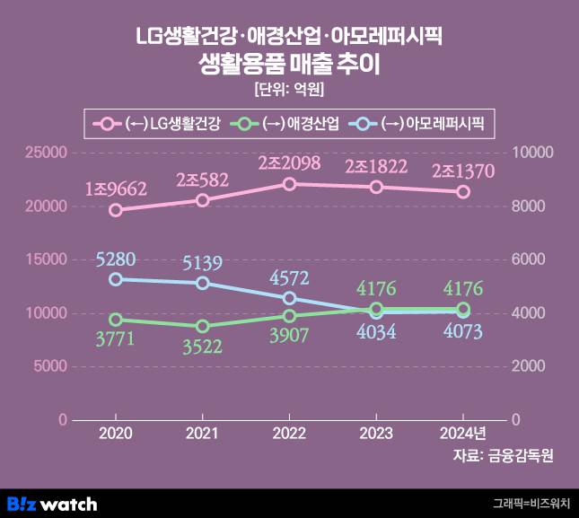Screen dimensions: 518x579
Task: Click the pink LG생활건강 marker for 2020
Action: (116, 210)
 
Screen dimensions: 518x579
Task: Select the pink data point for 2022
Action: (289, 184)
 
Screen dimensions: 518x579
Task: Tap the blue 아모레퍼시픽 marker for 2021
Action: (203, 283)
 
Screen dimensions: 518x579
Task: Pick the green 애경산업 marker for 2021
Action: (203, 326)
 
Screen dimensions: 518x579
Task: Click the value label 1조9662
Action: (116, 189)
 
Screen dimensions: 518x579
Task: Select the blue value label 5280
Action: (117, 260)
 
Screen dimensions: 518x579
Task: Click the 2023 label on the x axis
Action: (376, 433)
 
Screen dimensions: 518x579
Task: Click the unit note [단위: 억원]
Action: (289, 90)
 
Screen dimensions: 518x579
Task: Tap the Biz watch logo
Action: (51, 504)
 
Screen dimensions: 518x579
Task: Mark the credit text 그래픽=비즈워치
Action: (531, 505)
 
